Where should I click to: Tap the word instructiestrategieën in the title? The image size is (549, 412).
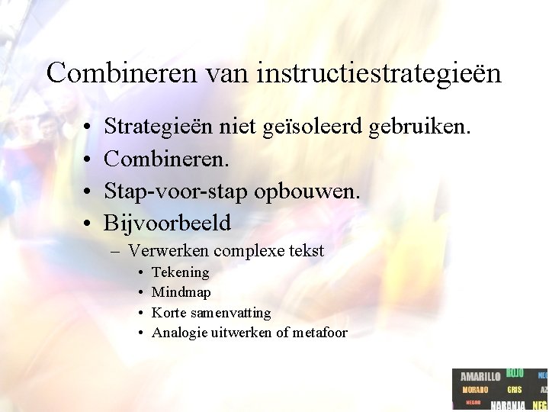coord(379,73)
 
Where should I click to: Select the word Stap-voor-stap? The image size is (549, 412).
coord(175,191)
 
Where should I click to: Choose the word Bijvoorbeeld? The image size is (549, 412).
coord(167,223)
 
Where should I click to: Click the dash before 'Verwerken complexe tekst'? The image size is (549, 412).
coord(119,251)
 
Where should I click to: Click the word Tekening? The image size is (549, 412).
coord(180,272)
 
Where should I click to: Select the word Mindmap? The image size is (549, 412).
coord(181,292)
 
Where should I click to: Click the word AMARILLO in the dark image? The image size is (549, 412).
coord(480,377)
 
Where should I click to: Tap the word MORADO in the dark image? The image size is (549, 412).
coord(476,390)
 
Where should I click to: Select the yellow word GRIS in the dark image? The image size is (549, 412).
coord(515,390)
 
